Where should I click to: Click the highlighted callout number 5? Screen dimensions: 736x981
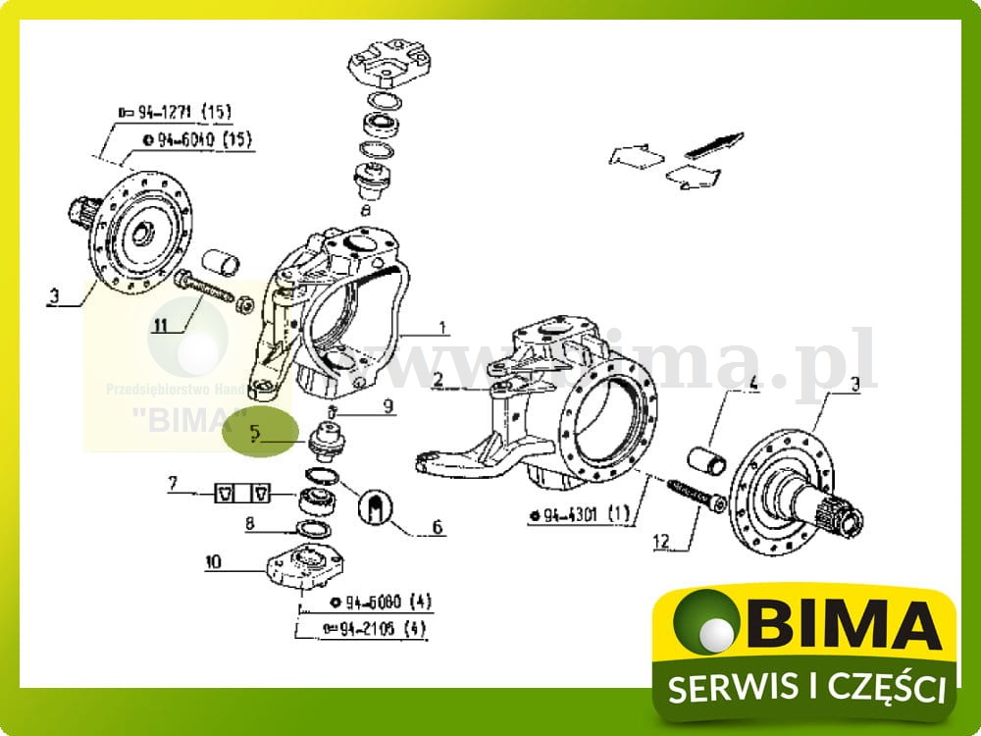tap(255, 431)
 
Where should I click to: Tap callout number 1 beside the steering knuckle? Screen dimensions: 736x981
tap(442, 328)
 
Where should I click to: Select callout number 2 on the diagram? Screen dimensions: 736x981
tap(439, 378)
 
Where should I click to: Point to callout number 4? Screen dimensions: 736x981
tap(753, 386)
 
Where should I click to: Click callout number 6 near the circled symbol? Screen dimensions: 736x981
tap(437, 527)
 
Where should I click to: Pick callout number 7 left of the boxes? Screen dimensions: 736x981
tap(173, 483)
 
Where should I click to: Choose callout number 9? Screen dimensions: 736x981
tap(387, 403)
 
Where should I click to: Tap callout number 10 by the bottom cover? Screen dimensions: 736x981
tap(214, 562)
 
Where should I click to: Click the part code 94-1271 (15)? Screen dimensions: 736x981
tap(175, 114)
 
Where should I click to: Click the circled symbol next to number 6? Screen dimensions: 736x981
tap(377, 508)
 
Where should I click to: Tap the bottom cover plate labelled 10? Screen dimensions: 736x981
tap(305, 570)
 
